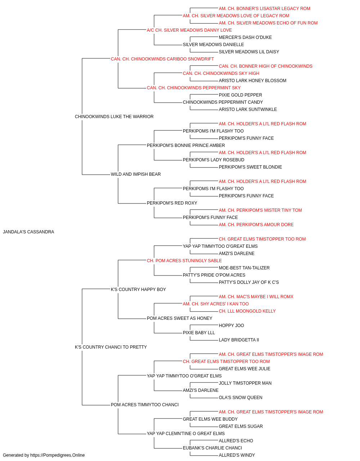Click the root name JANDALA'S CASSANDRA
click(28, 232)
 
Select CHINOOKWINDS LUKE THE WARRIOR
click(114, 117)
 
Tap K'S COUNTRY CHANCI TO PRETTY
click(111, 347)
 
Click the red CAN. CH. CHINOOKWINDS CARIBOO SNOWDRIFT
click(162, 59)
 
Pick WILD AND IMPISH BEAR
click(136, 174)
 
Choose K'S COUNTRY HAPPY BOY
click(138, 289)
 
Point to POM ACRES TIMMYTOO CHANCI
click(145, 405)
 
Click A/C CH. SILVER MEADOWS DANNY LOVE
click(189, 30)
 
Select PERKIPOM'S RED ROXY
click(172, 203)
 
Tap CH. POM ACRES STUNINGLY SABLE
click(184, 260)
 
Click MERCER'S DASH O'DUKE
click(245, 37)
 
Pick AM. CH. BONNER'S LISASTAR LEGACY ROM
click(264, 9)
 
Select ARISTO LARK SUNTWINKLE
click(248, 109)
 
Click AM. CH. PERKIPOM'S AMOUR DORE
click(256, 225)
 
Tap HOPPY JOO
click(231, 326)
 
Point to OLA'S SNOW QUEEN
click(240, 398)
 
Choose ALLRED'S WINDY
click(237, 455)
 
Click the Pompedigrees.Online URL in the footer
click(57, 455)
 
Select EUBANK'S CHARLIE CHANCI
click(212, 448)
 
